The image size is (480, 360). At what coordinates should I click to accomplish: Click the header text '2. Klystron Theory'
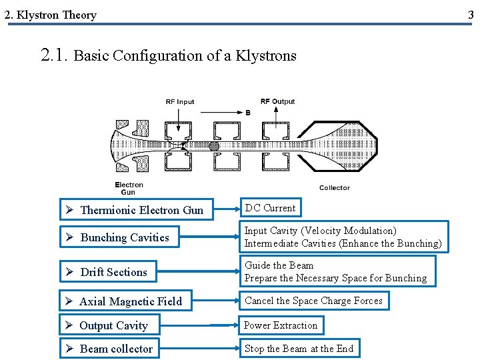[51, 15]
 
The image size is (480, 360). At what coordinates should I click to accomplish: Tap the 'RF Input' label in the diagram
[180, 102]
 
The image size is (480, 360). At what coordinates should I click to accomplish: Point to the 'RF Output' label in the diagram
[277, 101]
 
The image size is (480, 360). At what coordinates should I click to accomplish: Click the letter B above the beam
[248, 113]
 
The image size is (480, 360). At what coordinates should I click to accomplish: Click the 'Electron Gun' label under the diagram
[129, 188]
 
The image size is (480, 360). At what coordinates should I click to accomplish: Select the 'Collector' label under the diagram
[334, 188]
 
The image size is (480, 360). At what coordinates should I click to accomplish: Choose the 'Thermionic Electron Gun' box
[136, 210]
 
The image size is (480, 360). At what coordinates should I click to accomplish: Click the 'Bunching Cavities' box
[136, 237]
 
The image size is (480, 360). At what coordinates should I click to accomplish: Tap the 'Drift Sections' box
[136, 272]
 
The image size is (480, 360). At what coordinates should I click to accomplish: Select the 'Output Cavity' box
[109, 325]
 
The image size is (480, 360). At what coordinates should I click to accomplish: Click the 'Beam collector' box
[109, 349]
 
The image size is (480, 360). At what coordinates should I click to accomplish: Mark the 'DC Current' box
[270, 208]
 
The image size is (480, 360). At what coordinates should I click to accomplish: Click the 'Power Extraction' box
[281, 325]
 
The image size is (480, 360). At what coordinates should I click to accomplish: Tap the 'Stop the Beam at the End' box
[299, 349]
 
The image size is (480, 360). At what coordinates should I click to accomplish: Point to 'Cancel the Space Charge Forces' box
[313, 301]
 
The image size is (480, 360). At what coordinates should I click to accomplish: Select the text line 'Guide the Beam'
[279, 265]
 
